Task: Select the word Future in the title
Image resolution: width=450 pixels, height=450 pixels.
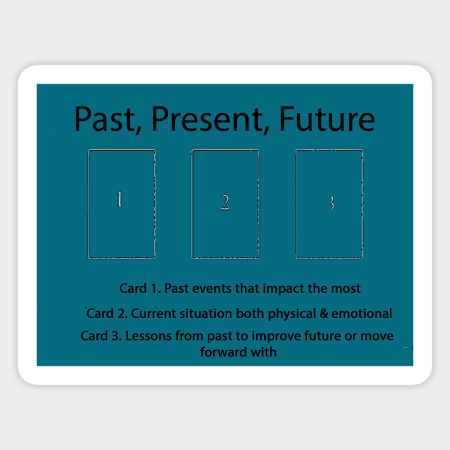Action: pos(327,119)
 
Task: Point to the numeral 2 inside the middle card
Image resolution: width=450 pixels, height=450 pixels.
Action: pos(224,202)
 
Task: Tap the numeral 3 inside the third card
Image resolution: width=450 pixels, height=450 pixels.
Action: pos(331,204)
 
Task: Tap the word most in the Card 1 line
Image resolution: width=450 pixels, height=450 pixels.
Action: pos(348,289)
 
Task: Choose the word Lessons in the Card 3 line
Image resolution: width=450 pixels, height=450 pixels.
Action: pos(147,336)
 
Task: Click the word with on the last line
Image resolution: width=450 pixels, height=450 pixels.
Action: pos(264,351)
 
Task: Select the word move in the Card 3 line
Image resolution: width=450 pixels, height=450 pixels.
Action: pos(379,336)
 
